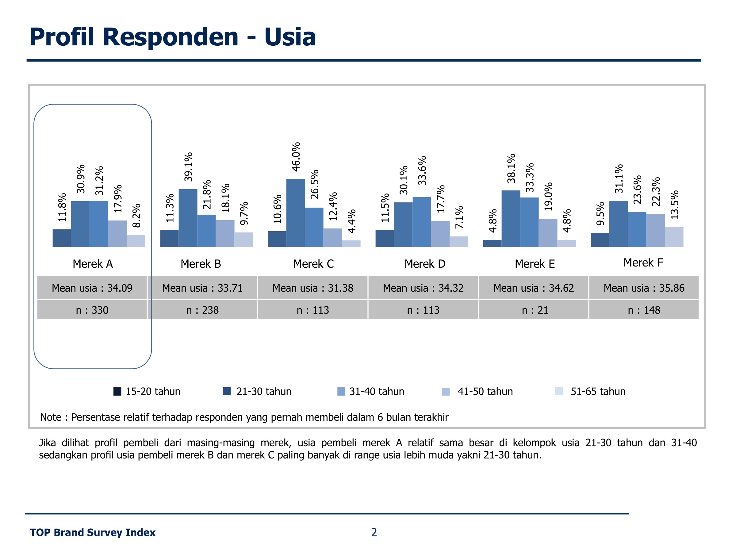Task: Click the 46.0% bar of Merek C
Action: (295, 213)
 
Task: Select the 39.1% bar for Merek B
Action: (188, 218)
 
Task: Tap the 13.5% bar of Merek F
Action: (674, 237)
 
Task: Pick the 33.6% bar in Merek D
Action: (422, 222)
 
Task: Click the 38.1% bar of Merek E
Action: (511, 219)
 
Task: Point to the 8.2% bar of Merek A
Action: (136, 241)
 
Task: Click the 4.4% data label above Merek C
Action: (352, 221)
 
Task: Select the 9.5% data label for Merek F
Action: (600, 214)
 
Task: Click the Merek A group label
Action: (93, 264)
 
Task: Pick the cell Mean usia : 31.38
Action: (313, 288)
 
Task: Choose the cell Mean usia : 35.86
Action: (644, 288)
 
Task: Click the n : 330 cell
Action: (92, 310)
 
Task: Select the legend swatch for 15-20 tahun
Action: (117, 391)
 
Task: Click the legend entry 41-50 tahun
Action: (485, 391)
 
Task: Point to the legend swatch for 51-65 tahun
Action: (559, 391)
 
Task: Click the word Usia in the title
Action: (290, 36)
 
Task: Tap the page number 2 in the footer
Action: (374, 532)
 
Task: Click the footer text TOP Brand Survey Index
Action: (93, 532)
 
